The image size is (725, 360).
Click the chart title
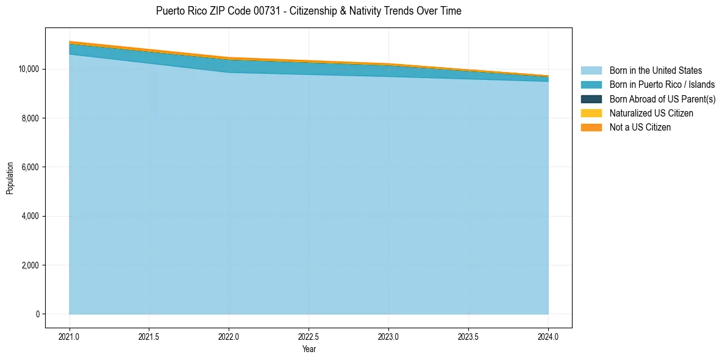click(x=309, y=11)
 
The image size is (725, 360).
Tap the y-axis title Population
click(x=10, y=178)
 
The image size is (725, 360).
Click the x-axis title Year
click(x=309, y=350)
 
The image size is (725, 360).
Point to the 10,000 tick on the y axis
click(x=28, y=69)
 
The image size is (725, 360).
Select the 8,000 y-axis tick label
click(x=30, y=118)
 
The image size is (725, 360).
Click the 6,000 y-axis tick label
click(x=30, y=167)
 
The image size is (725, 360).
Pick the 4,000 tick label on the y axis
click(x=30, y=216)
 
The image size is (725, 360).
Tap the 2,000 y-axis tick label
click(x=30, y=265)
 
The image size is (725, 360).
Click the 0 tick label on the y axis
click(x=37, y=314)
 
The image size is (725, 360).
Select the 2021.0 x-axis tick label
click(x=70, y=336)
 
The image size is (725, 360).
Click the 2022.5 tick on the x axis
click(x=309, y=336)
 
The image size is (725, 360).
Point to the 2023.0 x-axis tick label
click(x=388, y=336)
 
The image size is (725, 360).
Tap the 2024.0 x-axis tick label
click(x=548, y=336)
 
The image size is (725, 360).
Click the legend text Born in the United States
click(x=655, y=71)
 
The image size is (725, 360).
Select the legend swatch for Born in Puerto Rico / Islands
click(x=591, y=85)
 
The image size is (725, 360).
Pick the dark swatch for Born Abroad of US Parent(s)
click(x=591, y=99)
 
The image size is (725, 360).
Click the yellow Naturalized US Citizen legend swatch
click(x=591, y=113)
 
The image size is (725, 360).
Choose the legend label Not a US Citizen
click(x=640, y=127)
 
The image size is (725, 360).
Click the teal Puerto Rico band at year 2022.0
click(x=229, y=66)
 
